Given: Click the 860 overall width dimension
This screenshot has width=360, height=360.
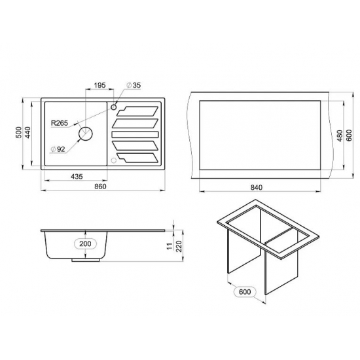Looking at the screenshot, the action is coord(100,186).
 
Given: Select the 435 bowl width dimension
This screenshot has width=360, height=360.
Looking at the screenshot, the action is coord(77,176).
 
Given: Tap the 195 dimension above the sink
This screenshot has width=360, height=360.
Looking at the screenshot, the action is coord(99,85).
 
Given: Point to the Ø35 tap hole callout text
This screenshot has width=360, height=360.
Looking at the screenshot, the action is coord(134,85).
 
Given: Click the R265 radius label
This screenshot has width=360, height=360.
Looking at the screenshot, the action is coord(60,123).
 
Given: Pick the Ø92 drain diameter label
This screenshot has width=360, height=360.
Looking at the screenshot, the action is coord(58,149).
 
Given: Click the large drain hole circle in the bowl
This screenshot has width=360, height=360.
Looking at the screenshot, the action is coord(86,134).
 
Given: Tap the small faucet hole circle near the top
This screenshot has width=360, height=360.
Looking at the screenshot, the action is coord(114,107).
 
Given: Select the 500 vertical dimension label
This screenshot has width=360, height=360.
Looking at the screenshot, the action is coord(19,132).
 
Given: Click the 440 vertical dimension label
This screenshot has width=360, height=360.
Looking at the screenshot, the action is coord(27,132).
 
